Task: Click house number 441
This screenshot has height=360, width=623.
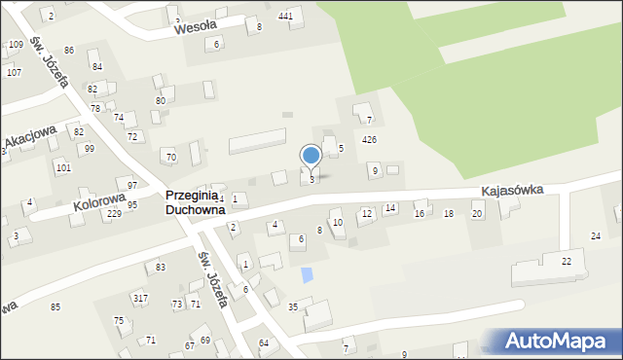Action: coord(285,17)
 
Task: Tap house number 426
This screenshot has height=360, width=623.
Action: coord(369,140)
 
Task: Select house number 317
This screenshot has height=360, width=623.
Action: coord(141,298)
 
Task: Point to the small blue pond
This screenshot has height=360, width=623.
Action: coord(308,275)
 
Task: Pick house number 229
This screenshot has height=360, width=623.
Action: coord(114,213)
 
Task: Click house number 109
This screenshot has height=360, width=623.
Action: coord(16,45)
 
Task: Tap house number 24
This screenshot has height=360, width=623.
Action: coord(596,236)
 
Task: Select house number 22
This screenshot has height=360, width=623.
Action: coord(566,262)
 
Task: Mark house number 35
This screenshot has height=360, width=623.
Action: coord(292,307)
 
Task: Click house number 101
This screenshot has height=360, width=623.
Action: coord(62,168)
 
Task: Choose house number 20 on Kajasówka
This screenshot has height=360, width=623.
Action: coord(477,214)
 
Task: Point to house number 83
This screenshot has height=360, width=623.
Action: coord(161,267)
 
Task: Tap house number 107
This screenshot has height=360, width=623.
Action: coord(14,73)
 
